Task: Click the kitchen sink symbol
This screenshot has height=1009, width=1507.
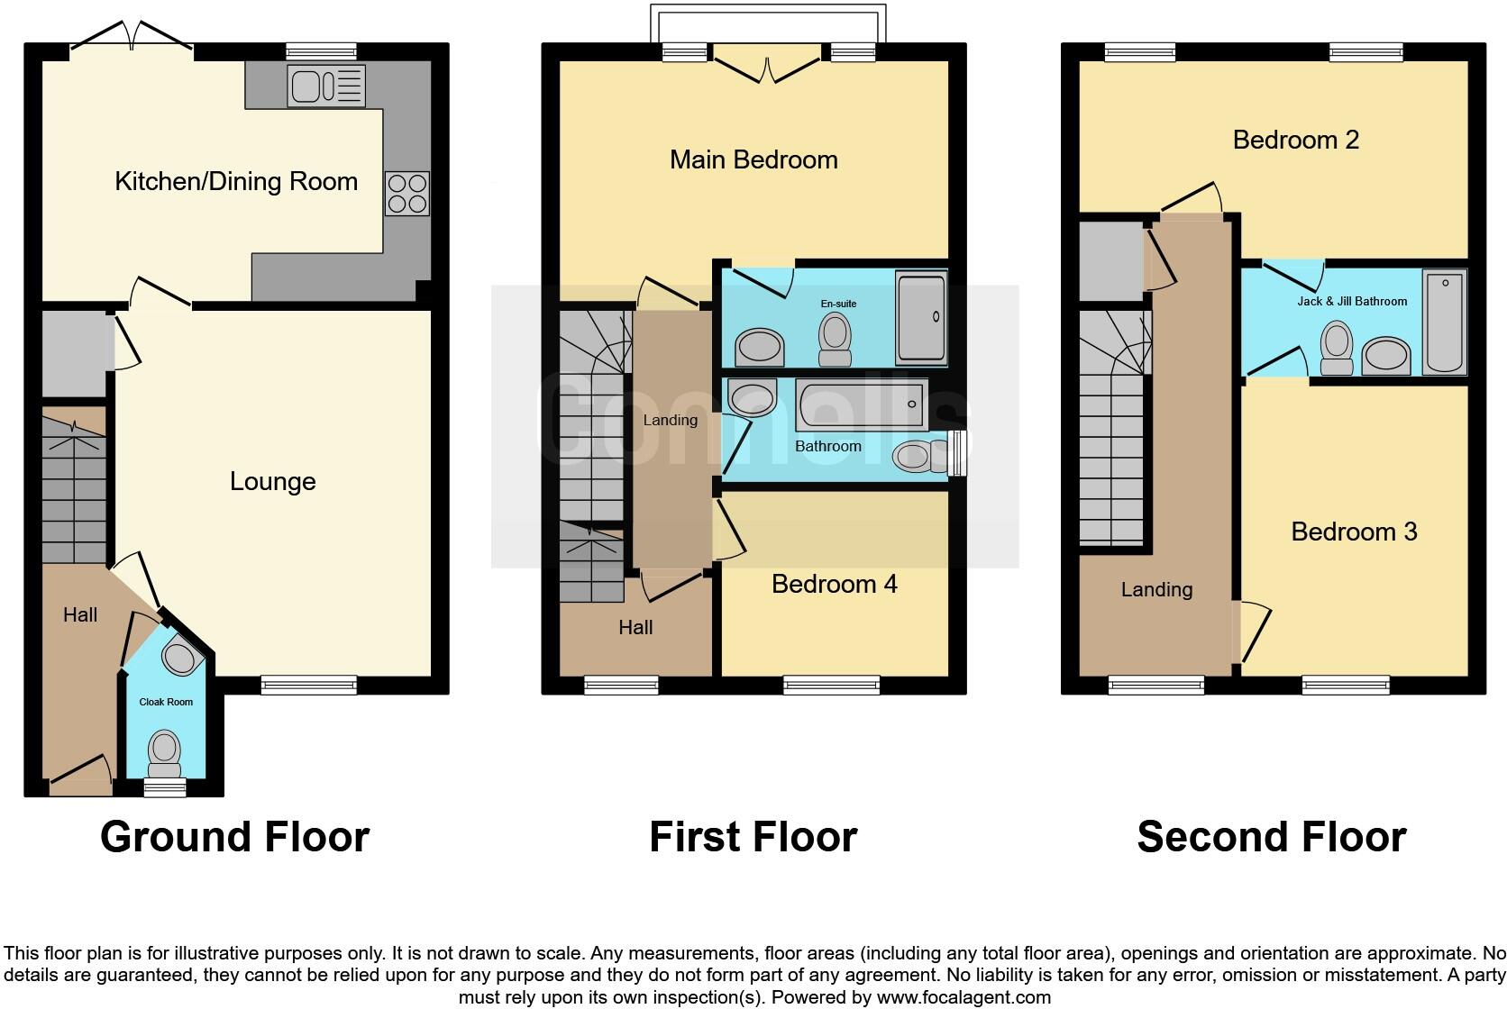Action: pos(326,86)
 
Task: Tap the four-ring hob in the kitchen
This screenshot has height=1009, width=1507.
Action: pos(406,194)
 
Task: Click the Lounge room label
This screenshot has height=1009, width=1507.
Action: pos(272,482)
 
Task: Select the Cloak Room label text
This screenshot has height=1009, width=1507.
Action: pos(166,702)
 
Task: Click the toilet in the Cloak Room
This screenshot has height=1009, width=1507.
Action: pos(164,752)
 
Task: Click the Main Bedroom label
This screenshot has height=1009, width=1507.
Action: pos(753,160)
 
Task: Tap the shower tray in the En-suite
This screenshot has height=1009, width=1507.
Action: pos(921,320)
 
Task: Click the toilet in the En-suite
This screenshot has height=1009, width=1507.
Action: pos(836,339)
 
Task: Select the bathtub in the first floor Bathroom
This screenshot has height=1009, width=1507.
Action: pos(862,405)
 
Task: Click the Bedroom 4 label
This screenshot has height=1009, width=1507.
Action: pos(834,585)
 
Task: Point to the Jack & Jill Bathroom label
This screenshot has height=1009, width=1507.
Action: pos(1351,302)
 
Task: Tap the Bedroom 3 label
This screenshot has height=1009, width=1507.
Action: pos(1354,532)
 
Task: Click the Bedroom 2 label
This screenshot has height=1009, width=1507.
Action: pos(1295,141)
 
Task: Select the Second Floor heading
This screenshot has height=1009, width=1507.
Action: pos(1271,837)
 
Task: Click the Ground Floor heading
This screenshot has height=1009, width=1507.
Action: pos(234,837)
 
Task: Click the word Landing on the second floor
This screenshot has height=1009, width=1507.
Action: pos(1156,590)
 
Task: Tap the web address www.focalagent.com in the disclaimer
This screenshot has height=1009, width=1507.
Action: pos(964,997)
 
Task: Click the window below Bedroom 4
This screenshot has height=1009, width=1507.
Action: pos(831,686)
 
